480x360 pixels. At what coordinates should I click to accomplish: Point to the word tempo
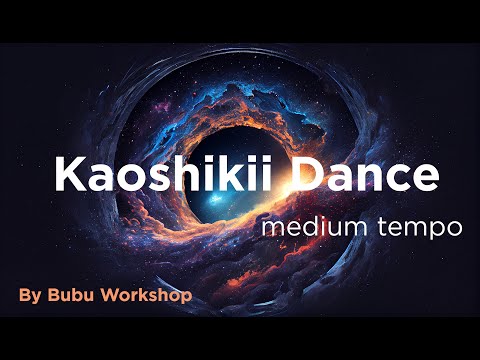point(420,227)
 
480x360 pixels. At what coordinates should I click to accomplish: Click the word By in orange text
point(30,296)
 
